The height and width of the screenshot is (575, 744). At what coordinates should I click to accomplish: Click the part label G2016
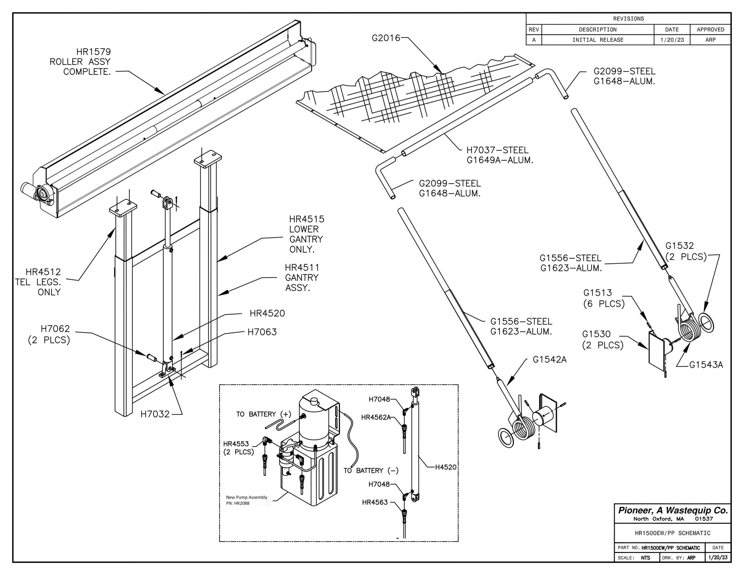coord(386,38)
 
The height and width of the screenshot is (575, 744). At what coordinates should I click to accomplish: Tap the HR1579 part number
coord(93,52)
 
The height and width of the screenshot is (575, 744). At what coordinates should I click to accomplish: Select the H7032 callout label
coord(155,414)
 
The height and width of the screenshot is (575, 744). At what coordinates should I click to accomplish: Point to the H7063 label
coord(262,332)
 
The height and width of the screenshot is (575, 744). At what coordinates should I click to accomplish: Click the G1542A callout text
coord(550,360)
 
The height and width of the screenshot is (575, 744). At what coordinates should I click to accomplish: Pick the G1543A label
coord(706,365)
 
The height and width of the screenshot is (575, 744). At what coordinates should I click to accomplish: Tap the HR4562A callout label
coord(376,417)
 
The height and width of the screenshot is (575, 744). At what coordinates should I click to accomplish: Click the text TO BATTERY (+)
coord(264,415)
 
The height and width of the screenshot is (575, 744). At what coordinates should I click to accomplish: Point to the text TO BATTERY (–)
coord(371,471)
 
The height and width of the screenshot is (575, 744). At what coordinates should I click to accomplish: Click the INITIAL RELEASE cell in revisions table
coord(598,40)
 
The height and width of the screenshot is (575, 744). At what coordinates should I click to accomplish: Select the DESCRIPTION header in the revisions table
coord(598,30)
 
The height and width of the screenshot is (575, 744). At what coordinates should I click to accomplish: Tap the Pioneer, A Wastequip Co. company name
coord(673,510)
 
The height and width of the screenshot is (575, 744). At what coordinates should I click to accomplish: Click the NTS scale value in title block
coord(645,558)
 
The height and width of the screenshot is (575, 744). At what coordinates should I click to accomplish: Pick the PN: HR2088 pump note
coord(238,503)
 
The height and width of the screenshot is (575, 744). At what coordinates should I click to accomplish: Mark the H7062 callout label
coord(55,329)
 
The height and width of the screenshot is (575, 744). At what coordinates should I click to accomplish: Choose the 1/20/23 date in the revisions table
coord(672,40)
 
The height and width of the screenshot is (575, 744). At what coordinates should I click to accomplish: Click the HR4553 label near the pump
coord(236,444)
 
